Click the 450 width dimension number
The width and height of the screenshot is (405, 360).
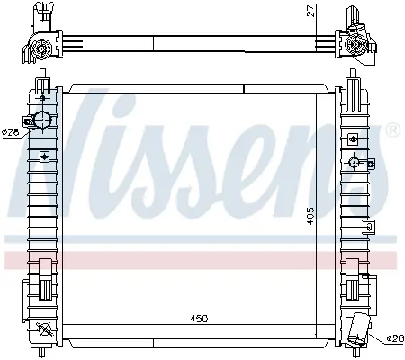(199, 319)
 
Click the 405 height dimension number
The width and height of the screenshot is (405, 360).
(310, 216)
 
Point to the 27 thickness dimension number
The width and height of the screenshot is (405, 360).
(312, 11)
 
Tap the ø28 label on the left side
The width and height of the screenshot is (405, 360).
(11, 131)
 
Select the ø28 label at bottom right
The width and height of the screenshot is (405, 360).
(395, 338)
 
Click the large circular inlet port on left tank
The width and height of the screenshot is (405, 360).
(42, 120)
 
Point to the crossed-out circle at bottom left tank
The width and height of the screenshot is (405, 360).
(43, 329)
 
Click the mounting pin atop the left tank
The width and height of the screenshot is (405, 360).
(42, 74)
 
